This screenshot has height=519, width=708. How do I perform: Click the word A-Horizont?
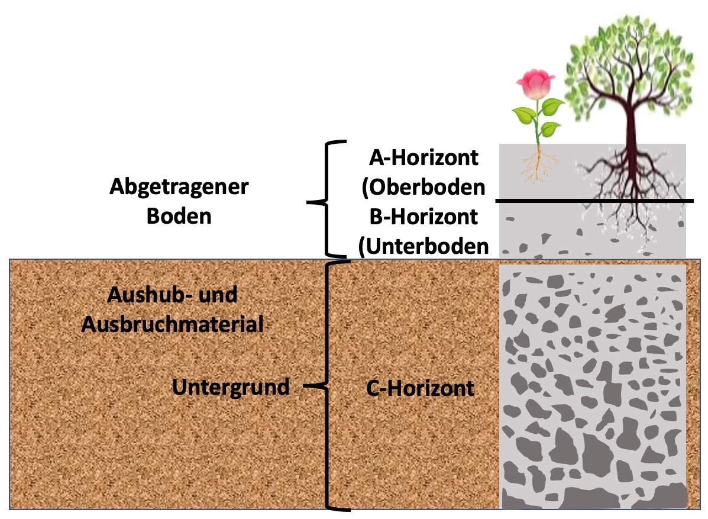(423, 158)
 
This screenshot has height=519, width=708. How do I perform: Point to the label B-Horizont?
(423, 217)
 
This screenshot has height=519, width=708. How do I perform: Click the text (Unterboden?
(423, 246)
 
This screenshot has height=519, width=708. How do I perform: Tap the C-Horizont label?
(421, 388)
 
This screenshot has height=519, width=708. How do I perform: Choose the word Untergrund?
(231, 387)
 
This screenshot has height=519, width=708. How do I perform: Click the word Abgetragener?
(179, 188)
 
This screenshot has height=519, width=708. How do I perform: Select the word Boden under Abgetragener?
(179, 216)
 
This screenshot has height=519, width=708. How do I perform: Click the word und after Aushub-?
(218, 295)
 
